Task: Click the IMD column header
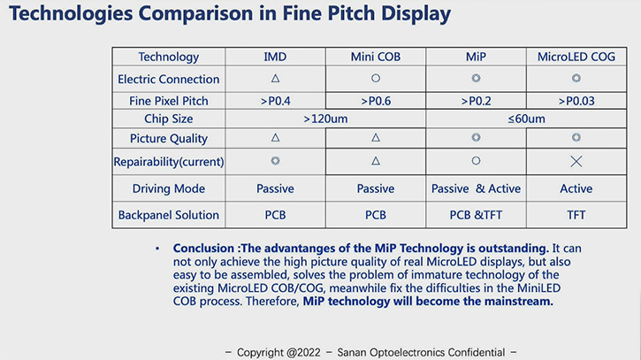point(275,57)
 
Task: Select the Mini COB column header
point(376,57)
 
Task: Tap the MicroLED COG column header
point(576,57)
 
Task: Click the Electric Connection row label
point(169,79)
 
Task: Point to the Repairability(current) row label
point(169,162)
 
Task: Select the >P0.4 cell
point(275,101)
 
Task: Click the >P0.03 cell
point(576,101)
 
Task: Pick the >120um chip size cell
point(325,119)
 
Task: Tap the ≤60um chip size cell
point(526,119)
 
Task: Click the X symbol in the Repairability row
point(576,162)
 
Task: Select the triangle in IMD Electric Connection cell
point(275,79)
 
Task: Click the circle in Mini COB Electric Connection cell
point(376,79)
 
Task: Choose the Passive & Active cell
point(476,188)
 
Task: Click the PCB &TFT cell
point(476,214)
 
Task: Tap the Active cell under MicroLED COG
point(576,188)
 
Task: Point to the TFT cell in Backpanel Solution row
point(576,214)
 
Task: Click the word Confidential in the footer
point(463,351)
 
